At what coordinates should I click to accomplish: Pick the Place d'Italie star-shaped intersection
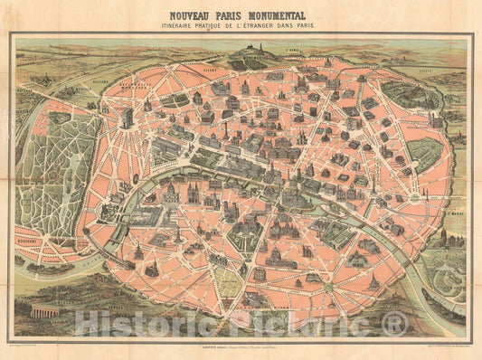point(303,271)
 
